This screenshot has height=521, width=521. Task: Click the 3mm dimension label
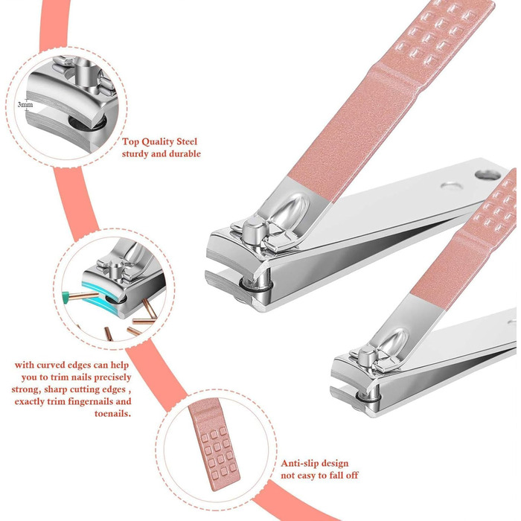coord(25,105)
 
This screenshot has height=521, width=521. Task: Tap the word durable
coord(185,154)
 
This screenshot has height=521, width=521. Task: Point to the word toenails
coord(112,414)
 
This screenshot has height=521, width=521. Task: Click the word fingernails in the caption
coord(91,401)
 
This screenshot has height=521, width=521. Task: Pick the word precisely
coord(112,377)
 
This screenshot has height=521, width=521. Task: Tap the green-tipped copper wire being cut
coord(80,295)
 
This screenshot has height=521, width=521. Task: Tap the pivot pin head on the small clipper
coord(366,357)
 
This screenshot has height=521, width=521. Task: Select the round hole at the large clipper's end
coord(488,175)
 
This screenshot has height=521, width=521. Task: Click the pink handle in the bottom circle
coord(214,444)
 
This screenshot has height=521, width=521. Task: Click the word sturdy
coord(135,154)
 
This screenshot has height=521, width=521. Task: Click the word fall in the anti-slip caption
coord(336,476)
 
